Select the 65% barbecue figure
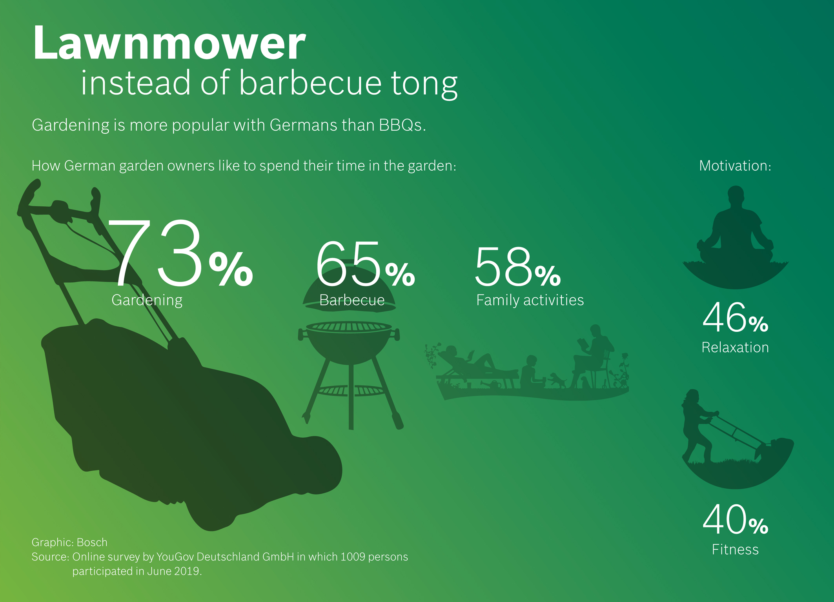point(365,264)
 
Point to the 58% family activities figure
point(518,267)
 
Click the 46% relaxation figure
point(735,317)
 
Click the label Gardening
point(147,300)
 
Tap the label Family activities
point(530,300)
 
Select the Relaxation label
point(735,347)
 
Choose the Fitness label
point(735,549)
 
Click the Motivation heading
point(735,166)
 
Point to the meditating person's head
point(736,195)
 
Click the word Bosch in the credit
point(92,542)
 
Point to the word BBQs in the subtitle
point(402,125)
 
